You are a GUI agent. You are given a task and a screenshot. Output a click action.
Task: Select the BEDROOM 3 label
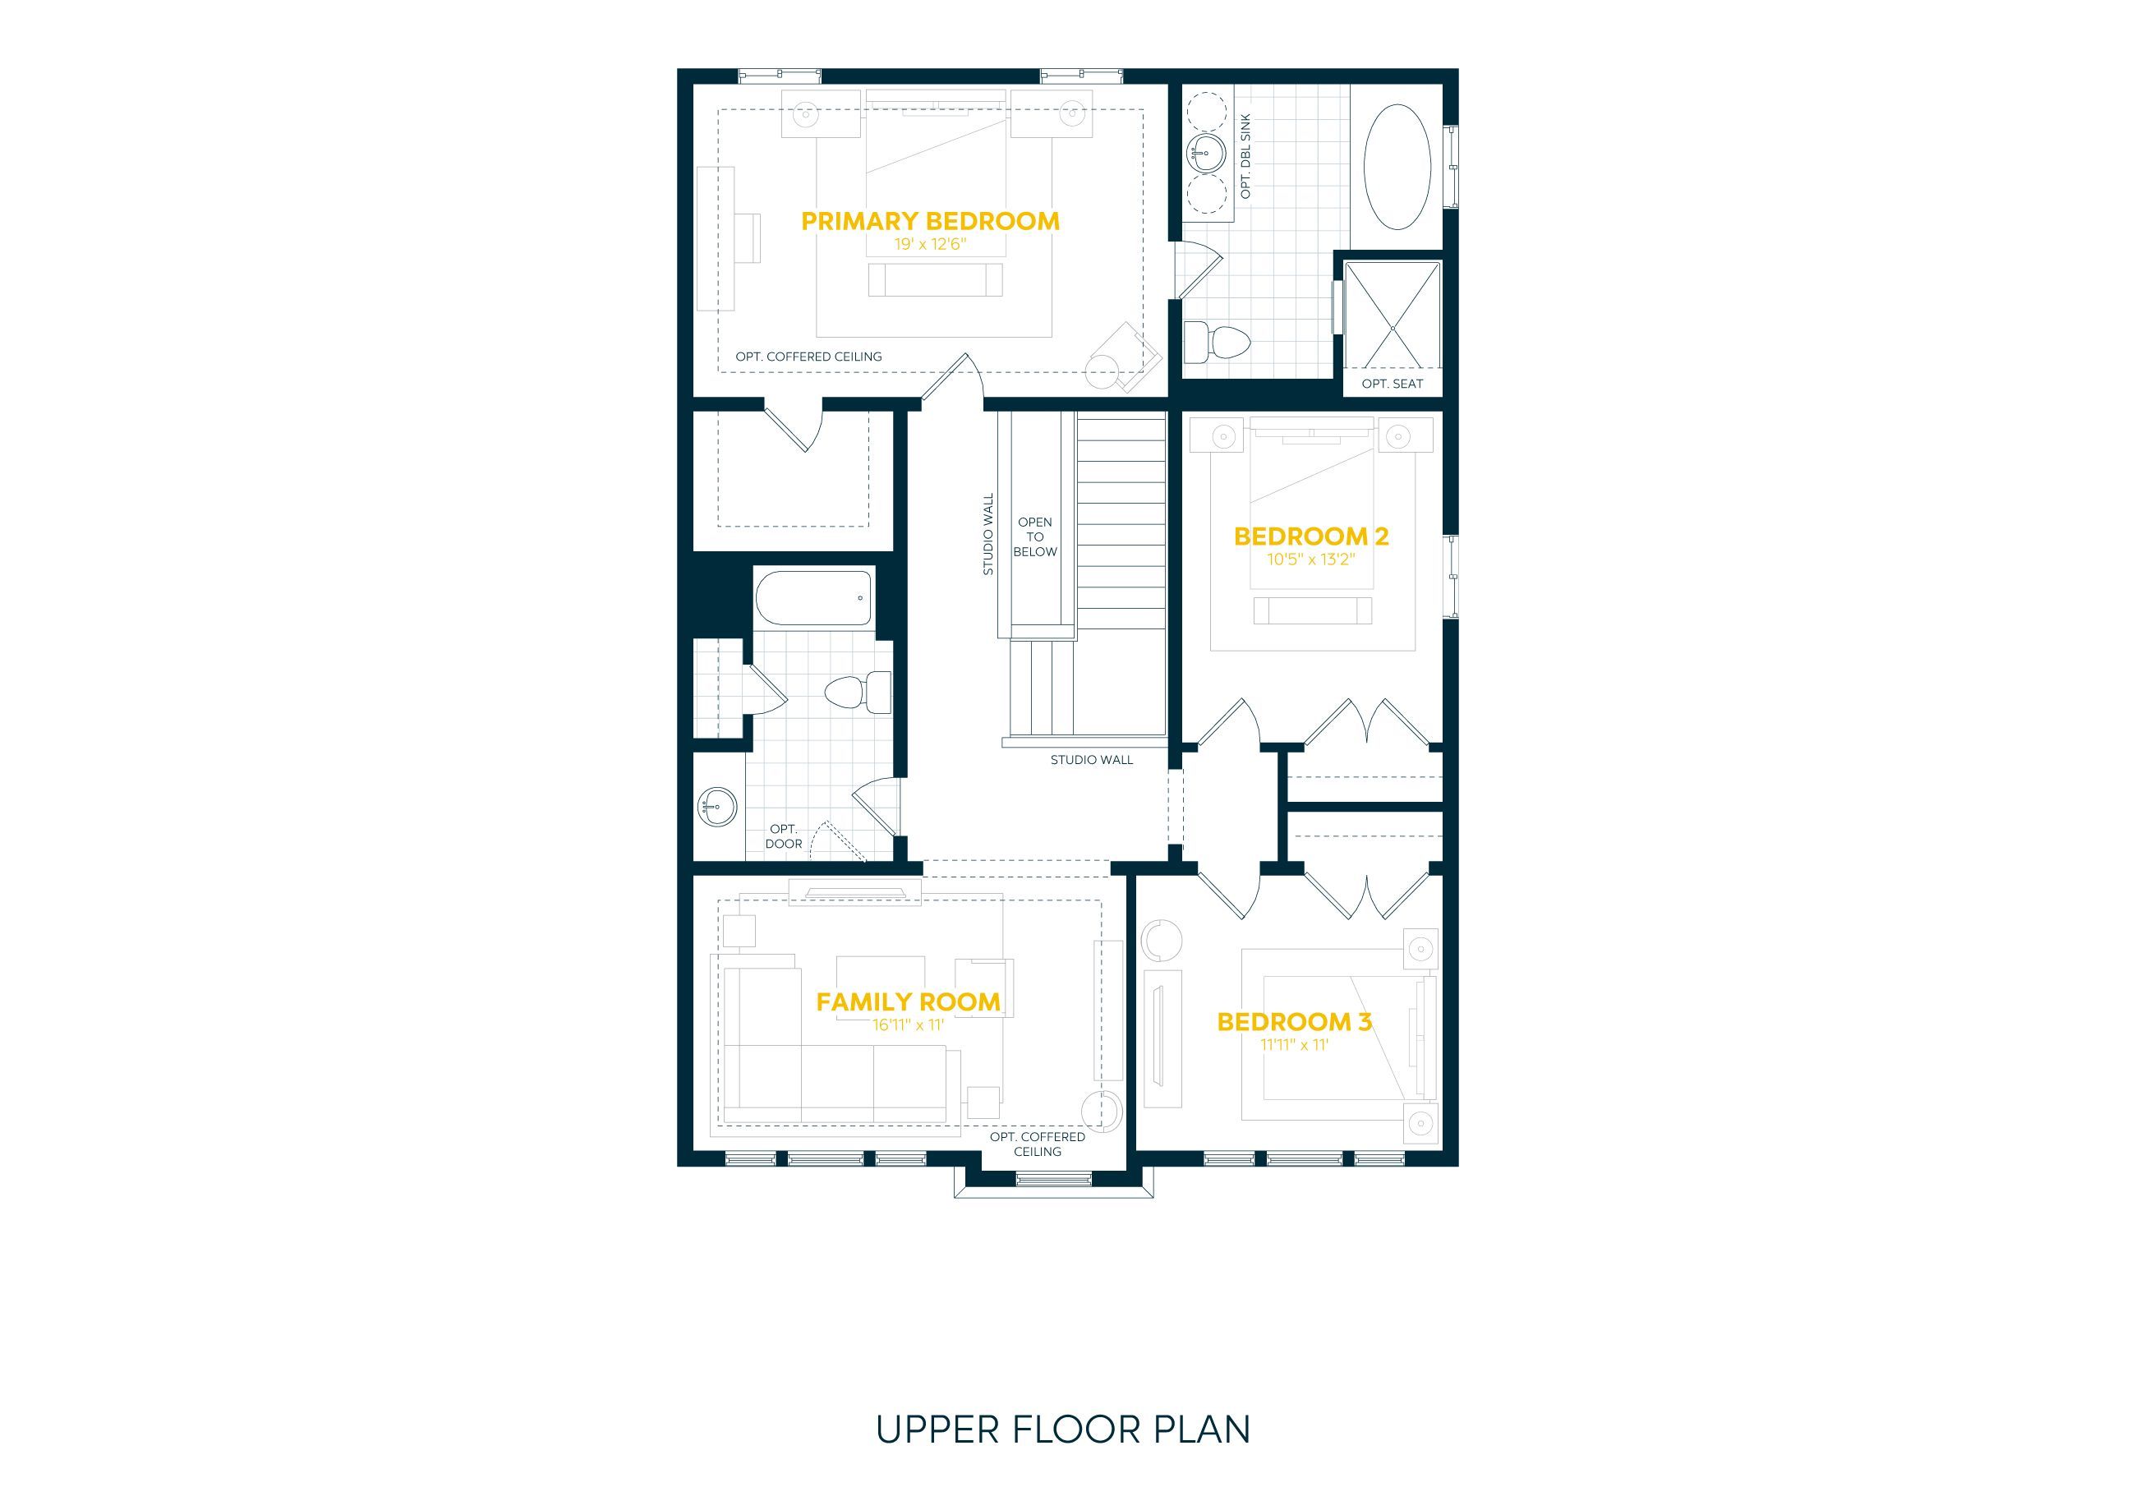click(1294, 1022)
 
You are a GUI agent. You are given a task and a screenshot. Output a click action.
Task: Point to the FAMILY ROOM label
click(908, 1001)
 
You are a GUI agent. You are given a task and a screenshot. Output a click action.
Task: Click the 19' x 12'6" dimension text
click(930, 245)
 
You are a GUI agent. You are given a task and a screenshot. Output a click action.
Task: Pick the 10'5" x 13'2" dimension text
click(1311, 559)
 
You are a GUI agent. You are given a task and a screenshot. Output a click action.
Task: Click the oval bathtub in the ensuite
click(1397, 168)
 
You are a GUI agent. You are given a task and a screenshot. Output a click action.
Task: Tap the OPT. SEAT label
click(1392, 384)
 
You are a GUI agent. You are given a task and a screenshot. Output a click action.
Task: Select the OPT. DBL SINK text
click(1245, 156)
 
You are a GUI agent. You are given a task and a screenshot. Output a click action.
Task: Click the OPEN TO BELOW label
click(1035, 537)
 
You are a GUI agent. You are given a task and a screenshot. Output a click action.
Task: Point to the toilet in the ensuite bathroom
click(1216, 343)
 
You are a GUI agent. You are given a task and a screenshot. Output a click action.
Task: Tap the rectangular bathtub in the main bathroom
click(814, 597)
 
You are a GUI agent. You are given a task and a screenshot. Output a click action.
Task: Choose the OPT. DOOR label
click(783, 836)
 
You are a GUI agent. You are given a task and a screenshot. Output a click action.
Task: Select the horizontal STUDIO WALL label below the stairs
click(1091, 759)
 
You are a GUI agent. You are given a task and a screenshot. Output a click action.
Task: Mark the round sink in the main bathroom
click(718, 806)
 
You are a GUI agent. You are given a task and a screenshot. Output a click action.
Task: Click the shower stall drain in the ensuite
click(1393, 329)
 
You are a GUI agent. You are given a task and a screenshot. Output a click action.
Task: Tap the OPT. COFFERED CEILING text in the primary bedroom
click(808, 357)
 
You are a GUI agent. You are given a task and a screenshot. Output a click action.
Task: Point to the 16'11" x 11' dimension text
click(908, 1024)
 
